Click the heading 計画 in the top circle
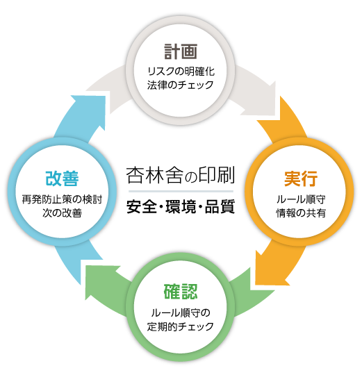[181, 51]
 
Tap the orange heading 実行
[301, 178]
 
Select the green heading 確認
[181, 292]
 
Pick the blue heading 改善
[62, 178]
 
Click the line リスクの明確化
[181, 72]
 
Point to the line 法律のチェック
[180, 85]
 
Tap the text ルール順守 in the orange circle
[301, 199]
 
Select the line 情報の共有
[301, 213]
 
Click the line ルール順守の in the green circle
[181, 312]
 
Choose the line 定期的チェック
[181, 326]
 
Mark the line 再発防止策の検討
[63, 199]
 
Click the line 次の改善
[63, 213]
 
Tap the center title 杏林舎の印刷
[181, 175]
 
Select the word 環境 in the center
[181, 207]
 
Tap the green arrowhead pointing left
[101, 280]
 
